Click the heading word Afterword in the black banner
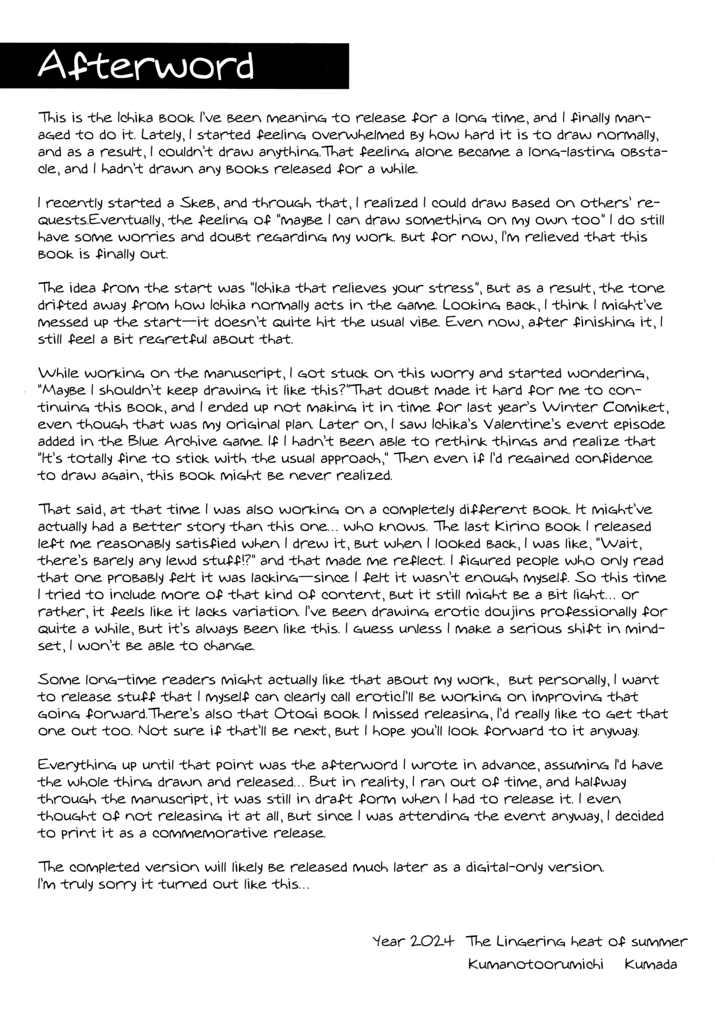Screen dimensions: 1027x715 point(146,66)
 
